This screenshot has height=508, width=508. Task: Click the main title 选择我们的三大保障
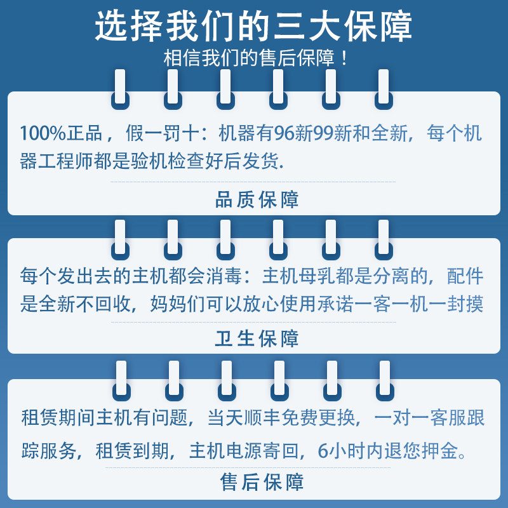(x=253, y=26)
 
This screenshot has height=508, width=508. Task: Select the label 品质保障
(x=257, y=199)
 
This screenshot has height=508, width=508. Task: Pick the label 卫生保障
(x=257, y=338)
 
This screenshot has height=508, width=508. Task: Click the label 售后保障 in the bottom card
(x=262, y=482)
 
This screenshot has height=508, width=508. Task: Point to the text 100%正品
(x=61, y=133)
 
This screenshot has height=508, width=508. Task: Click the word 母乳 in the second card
(x=317, y=276)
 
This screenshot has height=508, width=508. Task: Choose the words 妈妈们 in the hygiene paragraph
(x=178, y=304)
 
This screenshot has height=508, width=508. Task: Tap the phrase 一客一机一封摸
(x=418, y=304)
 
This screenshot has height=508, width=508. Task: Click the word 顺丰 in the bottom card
(x=262, y=417)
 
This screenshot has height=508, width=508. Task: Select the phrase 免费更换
(x=318, y=417)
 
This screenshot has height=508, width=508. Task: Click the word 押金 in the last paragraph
(x=440, y=450)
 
